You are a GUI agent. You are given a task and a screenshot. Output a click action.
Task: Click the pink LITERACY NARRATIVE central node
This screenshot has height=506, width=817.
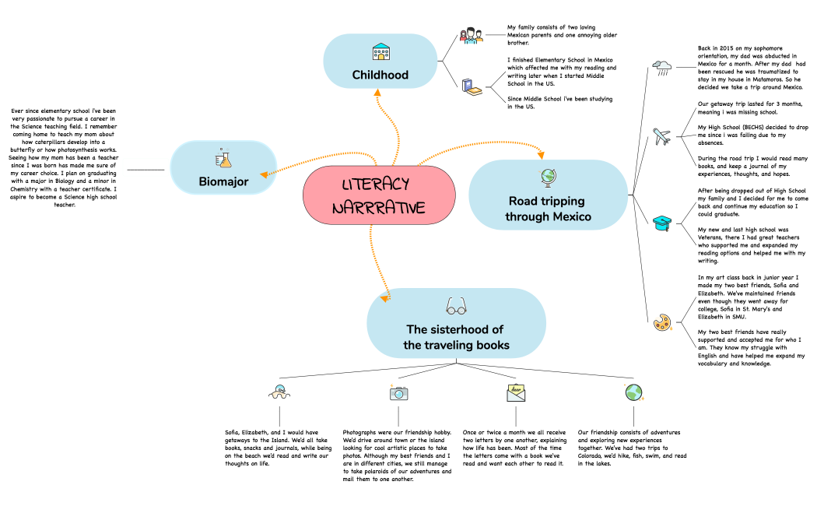379,195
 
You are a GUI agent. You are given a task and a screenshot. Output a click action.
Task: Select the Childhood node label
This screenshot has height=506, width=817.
380,75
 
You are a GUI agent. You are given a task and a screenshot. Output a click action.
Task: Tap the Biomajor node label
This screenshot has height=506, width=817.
223,182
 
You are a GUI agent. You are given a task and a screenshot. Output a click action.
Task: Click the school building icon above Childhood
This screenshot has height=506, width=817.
381,51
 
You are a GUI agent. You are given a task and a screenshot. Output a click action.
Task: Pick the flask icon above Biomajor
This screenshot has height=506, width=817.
223,158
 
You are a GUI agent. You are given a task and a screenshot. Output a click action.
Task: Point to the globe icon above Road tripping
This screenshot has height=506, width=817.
548,177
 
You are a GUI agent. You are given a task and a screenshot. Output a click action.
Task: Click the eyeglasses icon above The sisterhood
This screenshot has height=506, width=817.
457,307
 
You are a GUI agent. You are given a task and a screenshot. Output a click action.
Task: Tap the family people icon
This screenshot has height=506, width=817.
471,36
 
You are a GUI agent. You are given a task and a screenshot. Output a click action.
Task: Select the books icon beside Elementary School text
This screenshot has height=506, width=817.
472,87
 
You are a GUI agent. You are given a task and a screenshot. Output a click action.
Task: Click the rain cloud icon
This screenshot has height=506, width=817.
662,67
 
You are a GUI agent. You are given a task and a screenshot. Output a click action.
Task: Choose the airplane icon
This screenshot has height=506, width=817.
661,136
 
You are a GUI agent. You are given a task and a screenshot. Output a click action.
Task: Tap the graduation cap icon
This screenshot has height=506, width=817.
662,223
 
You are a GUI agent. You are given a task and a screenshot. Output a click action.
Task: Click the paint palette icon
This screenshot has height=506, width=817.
662,322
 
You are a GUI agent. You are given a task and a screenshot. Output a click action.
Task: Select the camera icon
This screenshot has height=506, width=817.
398,393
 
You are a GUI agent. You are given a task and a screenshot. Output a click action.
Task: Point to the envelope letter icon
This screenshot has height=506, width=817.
516,393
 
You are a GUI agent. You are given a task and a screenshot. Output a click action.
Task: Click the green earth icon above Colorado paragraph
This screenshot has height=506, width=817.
634,392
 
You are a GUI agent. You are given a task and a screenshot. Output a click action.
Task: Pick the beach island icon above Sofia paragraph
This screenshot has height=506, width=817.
279,392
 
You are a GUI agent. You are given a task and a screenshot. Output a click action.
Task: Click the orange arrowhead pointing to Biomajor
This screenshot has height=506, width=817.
265,174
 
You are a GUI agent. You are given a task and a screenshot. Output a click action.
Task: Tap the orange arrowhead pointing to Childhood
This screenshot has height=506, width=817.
377,92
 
